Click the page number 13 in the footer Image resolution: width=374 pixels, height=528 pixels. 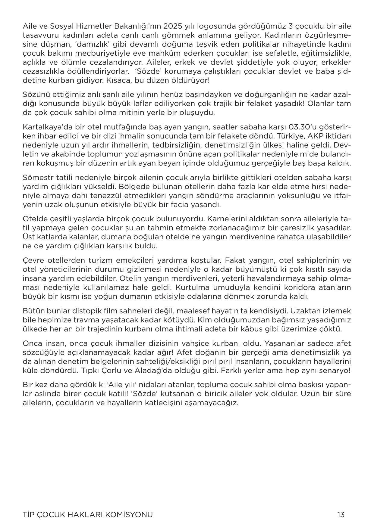point(341,514)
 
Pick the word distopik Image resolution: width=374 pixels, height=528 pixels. point(91,311)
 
